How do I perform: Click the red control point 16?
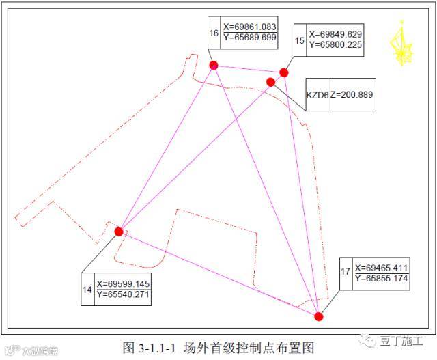(214, 65)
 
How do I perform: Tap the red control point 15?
(284, 72)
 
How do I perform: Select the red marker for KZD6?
(270, 82)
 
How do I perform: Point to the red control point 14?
(119, 232)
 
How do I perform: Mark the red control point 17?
(319, 316)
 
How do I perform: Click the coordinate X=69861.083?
(249, 27)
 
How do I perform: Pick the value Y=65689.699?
(249, 37)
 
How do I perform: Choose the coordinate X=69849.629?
(335, 33)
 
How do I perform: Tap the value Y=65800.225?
(335, 44)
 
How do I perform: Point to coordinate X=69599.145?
(124, 284)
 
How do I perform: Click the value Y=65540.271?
(124, 295)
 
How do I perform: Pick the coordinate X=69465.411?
(382, 267)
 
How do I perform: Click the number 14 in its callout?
(87, 290)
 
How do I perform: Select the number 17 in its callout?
(346, 273)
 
